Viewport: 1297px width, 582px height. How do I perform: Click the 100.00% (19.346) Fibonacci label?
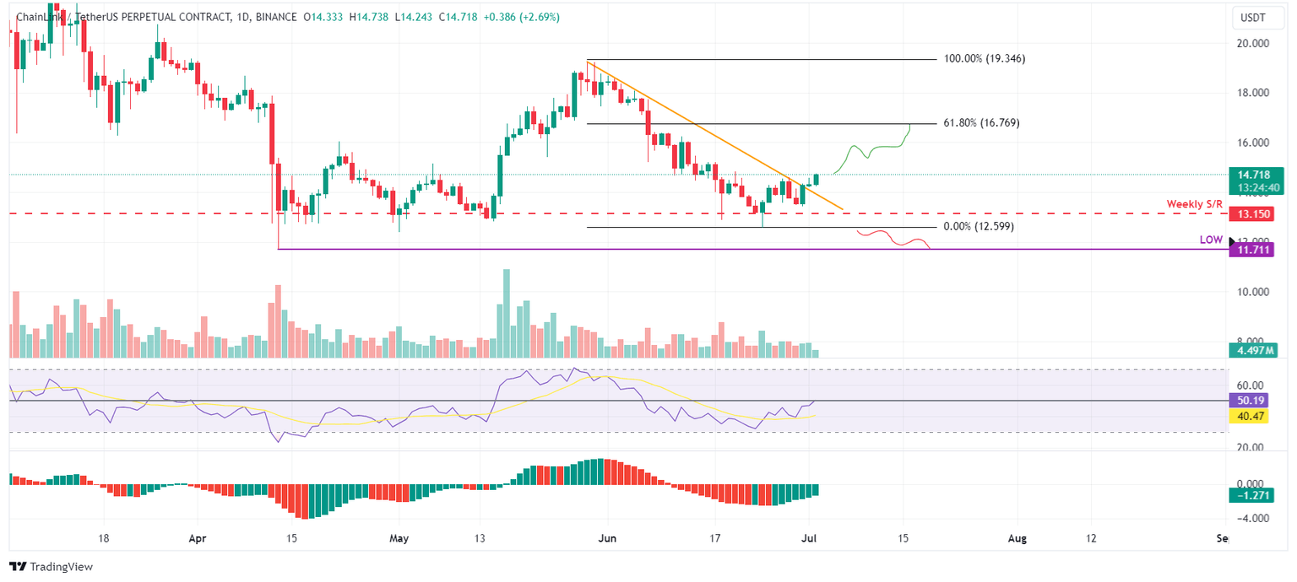[x=985, y=59]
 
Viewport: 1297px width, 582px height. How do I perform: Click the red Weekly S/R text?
[x=1194, y=204]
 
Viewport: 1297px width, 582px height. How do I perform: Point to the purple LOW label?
[x=1211, y=240]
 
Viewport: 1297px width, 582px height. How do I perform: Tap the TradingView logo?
[x=51, y=567]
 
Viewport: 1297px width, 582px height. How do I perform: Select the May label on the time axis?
[x=399, y=538]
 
